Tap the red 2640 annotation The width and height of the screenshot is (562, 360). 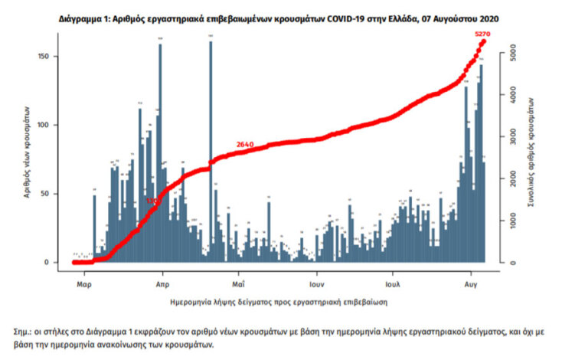pos(245,144)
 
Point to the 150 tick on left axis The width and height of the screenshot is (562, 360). pos(47,57)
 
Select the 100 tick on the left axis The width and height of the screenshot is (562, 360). pos(47,125)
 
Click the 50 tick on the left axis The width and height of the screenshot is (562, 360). pos(48,194)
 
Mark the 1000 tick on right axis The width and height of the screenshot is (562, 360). pos(506,221)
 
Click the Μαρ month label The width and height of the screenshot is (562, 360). pos(84,282)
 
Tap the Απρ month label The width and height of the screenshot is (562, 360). pos(162,282)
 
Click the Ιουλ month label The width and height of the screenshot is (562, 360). pos(394,282)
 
